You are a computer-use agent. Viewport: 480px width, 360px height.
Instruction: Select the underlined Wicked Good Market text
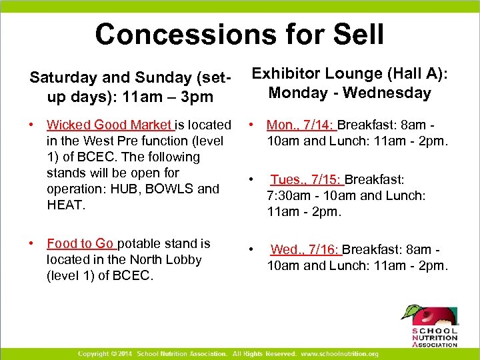(109, 125)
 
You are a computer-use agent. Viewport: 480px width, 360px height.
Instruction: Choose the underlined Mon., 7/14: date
(301, 125)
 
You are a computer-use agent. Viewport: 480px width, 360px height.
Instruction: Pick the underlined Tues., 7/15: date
(306, 180)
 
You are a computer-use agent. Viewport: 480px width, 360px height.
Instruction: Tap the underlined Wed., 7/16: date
(305, 249)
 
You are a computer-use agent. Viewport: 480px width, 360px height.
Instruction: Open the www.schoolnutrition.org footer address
(339, 353)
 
